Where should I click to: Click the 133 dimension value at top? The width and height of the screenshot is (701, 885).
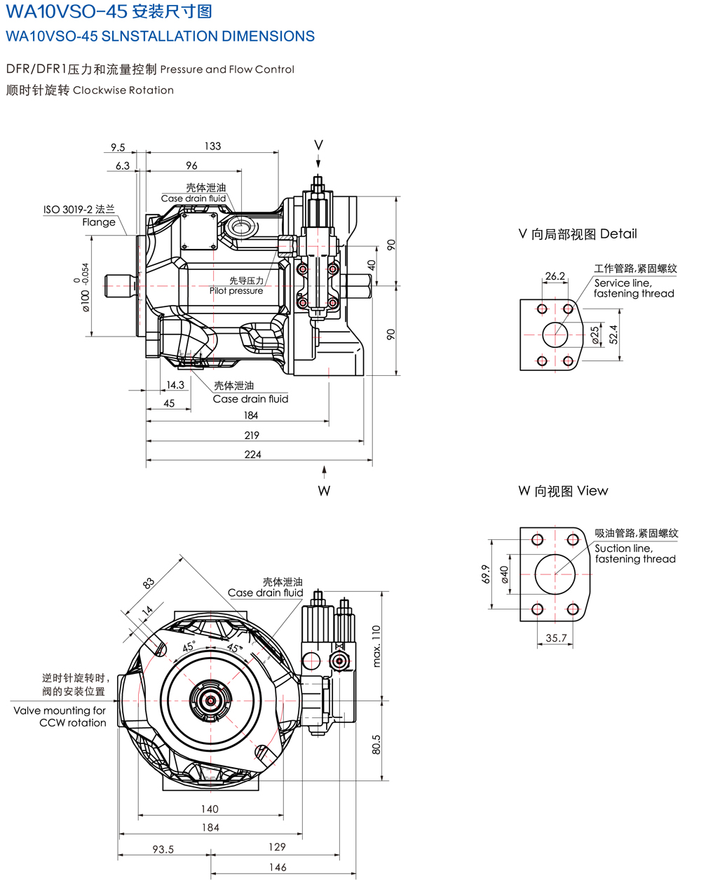point(212,146)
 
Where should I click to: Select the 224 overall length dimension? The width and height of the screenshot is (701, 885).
point(252,454)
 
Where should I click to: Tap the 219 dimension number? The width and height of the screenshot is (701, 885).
point(252,435)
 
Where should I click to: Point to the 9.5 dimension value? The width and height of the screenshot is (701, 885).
point(118,147)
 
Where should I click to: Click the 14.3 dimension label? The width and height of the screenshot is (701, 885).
point(175,385)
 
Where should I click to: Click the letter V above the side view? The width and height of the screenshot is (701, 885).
point(318,145)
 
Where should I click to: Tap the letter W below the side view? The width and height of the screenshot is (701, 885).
point(324,491)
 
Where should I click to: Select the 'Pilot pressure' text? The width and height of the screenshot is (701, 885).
point(236,291)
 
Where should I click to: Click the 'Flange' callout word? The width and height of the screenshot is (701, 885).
point(99,222)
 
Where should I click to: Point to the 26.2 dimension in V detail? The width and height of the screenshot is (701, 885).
point(554,276)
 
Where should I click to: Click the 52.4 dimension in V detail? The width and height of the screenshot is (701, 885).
point(613,335)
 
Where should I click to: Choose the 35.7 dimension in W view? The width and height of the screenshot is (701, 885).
point(556,637)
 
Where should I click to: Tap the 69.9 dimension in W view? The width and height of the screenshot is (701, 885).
point(485,574)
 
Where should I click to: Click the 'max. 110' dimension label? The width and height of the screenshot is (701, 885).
point(376,645)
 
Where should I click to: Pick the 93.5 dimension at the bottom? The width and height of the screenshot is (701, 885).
point(163,849)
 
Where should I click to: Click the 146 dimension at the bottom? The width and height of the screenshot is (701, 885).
point(278,867)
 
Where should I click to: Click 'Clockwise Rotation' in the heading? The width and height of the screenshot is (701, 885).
point(123,90)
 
